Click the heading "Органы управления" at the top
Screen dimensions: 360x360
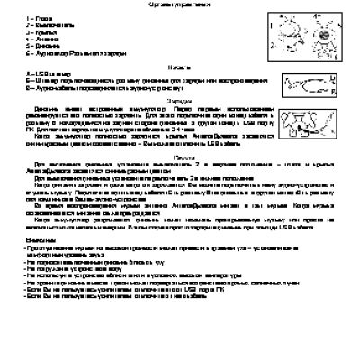(179, 5)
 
